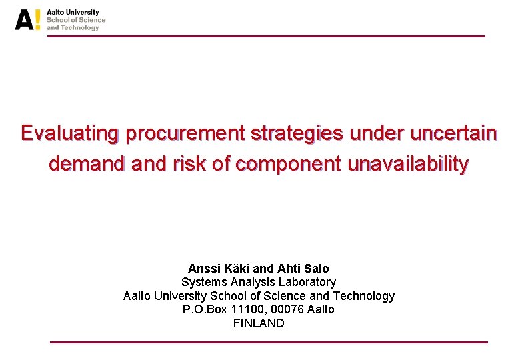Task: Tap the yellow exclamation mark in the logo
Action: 37,20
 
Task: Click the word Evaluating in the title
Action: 69,133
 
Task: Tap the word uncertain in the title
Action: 453,133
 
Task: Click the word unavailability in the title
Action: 408,164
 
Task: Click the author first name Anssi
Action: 203,269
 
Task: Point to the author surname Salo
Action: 317,269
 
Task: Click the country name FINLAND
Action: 259,323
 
